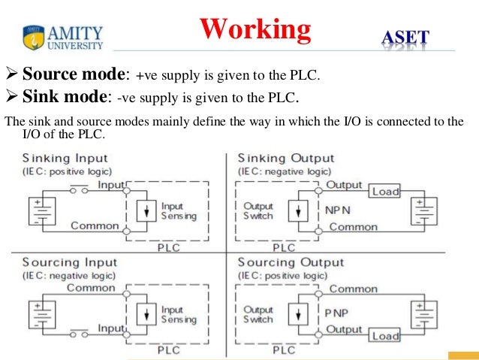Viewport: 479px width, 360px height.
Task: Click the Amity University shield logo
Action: coord(33,37)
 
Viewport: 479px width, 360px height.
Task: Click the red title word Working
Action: coord(255,30)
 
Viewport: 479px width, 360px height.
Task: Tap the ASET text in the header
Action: coord(405,38)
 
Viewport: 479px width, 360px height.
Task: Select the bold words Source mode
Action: coord(74,74)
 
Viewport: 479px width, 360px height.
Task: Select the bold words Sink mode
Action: coord(65,97)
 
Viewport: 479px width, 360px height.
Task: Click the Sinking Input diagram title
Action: coord(65,158)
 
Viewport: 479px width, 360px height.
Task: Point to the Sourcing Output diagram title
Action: coord(291,262)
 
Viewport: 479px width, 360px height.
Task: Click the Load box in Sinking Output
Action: coord(384,191)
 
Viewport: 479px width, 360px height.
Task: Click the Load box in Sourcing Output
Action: coord(384,335)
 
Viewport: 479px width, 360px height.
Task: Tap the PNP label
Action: coord(336,313)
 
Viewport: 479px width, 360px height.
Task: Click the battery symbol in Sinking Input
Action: coord(42,211)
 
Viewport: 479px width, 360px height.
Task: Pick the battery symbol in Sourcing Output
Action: coord(424,315)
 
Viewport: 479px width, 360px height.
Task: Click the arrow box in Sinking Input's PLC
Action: coord(146,211)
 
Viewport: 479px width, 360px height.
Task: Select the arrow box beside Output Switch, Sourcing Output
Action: coord(298,314)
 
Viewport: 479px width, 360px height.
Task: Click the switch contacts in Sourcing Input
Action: coord(79,333)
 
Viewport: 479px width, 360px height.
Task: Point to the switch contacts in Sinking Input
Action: coord(79,189)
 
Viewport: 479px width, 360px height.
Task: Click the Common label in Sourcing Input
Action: coord(91,288)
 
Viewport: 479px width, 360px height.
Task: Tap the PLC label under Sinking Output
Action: coord(284,247)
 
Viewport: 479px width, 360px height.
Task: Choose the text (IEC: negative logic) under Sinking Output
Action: coord(285,171)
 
